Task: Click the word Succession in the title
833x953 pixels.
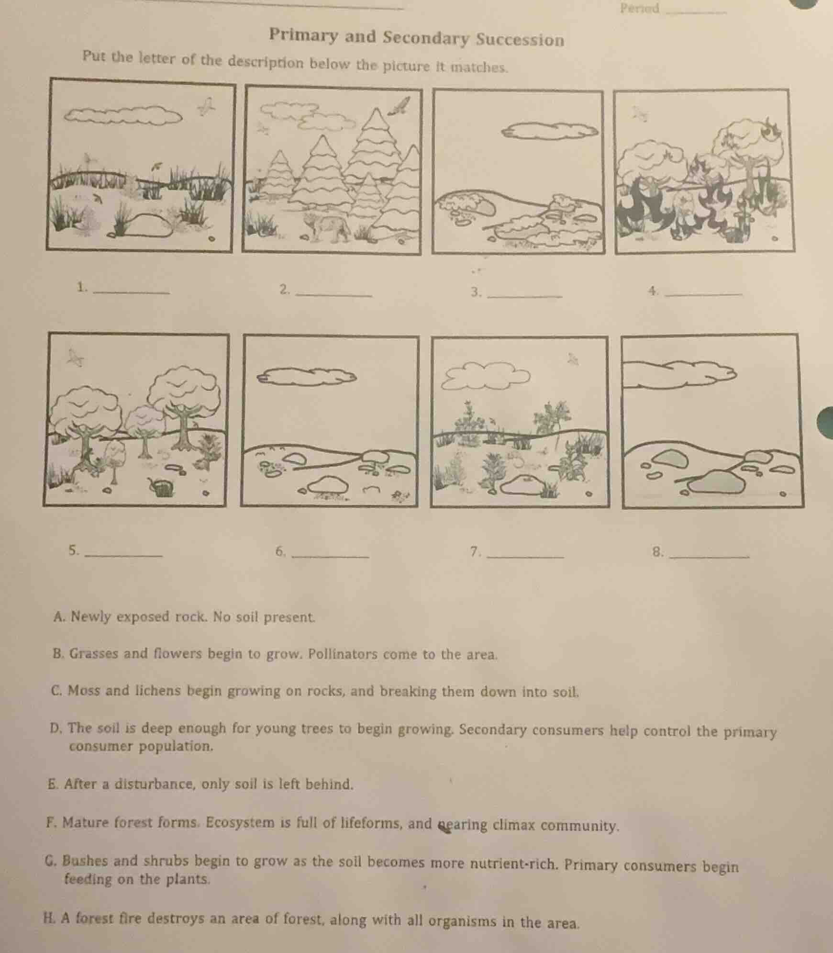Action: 520,40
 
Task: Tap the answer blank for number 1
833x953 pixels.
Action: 133,290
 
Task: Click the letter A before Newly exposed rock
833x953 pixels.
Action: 59,617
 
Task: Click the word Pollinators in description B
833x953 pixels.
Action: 343,654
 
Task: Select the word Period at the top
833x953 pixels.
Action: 639,9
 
